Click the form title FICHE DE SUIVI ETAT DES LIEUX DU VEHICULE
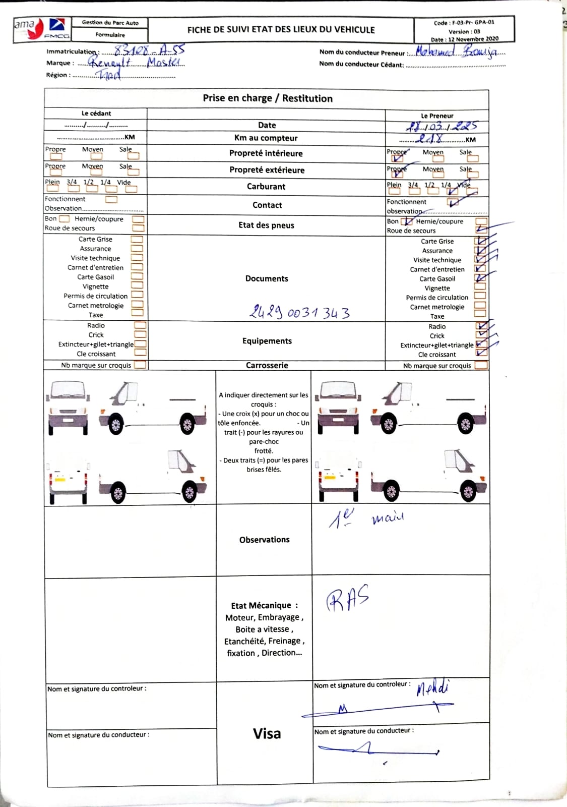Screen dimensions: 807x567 point(281,30)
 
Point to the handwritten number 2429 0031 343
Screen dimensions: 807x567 point(299,312)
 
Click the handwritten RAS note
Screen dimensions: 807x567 point(348,599)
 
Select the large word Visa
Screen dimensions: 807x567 point(267,733)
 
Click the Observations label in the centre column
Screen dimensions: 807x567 point(264,540)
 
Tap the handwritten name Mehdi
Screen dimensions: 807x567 point(432,687)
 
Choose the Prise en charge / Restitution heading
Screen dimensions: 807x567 point(268,98)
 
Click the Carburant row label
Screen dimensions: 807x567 point(266,187)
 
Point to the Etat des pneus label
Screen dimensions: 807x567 point(266,225)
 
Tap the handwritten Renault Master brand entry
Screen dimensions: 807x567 point(136,63)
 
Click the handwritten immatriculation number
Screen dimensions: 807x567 point(149,50)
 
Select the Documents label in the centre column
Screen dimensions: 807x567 point(267,278)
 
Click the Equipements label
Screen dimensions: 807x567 point(267,341)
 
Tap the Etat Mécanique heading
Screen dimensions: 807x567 point(264,605)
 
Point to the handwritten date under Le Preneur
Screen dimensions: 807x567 point(441,127)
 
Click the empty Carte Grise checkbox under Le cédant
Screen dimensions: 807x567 point(137,240)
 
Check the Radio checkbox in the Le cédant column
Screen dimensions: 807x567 point(140,325)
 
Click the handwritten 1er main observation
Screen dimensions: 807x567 point(366,518)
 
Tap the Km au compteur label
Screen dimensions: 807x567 point(266,138)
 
